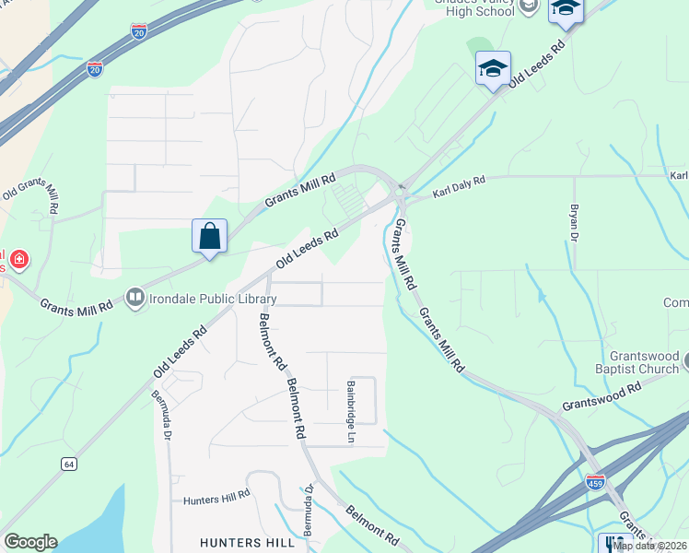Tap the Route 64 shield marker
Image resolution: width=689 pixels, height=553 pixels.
coord(69,464)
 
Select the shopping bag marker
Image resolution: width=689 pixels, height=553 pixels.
coord(210,236)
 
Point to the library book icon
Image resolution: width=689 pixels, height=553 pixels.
coord(135,297)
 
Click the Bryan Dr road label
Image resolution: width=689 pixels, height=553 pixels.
coord(574,223)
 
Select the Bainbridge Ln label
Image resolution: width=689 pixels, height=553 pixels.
coord(351,412)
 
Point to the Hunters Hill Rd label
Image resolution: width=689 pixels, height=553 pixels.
coord(216,496)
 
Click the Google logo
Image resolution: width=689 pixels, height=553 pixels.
coord(30,542)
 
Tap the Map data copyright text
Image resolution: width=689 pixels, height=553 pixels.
coord(650,546)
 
